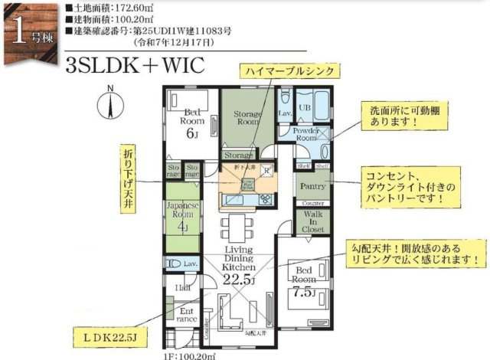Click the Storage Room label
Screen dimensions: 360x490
point(248,117)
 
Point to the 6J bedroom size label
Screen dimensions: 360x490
point(191,131)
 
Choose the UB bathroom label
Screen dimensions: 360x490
point(304,108)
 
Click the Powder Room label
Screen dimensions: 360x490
point(307,134)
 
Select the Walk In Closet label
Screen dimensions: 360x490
point(312,221)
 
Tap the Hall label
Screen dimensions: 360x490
point(183,287)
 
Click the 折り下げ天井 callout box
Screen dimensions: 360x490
point(127,176)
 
